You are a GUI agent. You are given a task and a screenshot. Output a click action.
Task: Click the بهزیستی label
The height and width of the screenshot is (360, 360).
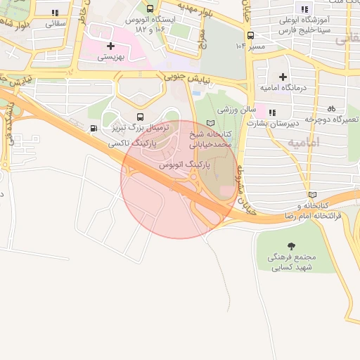coord(109,58)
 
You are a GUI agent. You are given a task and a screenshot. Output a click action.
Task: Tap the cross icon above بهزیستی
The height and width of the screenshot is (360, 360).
coord(110,46)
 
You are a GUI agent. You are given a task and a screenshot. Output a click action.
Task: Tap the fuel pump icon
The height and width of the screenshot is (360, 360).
coord(94,129)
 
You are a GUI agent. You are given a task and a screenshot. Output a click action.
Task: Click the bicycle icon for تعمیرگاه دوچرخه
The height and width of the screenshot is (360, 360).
coord(331,108)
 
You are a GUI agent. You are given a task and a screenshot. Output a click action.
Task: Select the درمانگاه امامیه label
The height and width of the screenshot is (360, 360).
coord(283,87)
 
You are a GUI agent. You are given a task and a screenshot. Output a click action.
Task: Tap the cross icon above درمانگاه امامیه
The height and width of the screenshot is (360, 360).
coord(283,76)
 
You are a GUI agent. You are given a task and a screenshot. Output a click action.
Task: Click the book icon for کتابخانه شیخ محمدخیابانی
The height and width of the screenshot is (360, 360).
coord(210,124)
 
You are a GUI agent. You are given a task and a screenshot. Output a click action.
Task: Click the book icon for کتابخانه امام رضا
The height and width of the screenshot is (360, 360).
coord(312,195)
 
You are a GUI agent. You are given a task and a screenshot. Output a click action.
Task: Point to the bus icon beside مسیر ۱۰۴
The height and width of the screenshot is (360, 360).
coord(250,35)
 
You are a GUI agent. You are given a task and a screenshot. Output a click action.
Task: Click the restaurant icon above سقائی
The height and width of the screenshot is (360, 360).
coord(55,12)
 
